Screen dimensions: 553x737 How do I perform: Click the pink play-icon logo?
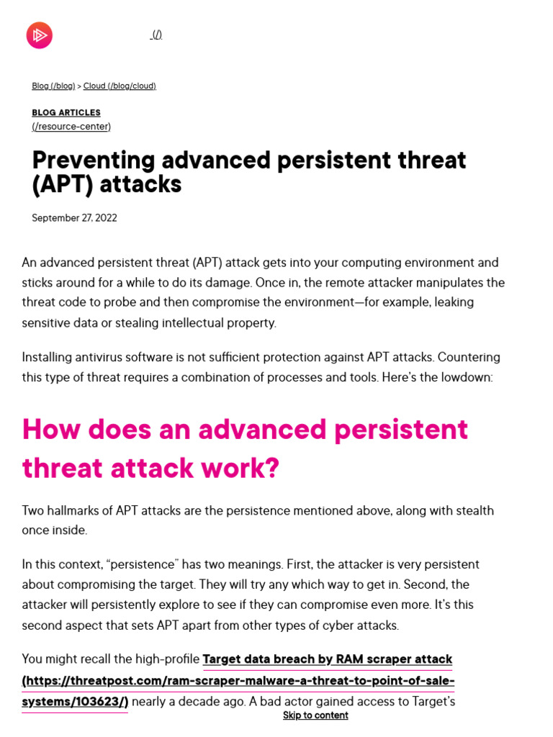40,35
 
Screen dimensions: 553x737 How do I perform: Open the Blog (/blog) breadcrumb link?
53,86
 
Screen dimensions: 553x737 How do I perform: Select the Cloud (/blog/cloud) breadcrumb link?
120,86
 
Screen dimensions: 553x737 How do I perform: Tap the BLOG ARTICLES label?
66,113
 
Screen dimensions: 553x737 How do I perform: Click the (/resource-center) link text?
71,127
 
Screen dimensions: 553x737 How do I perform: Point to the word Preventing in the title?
94,160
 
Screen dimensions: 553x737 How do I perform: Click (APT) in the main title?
63,184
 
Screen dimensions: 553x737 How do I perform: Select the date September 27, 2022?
74,218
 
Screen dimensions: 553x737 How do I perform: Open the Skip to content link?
315,715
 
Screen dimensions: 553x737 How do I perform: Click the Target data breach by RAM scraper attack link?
328,659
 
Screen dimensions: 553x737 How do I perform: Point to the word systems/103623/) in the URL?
75,702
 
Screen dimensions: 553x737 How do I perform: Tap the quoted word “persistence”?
143,564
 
